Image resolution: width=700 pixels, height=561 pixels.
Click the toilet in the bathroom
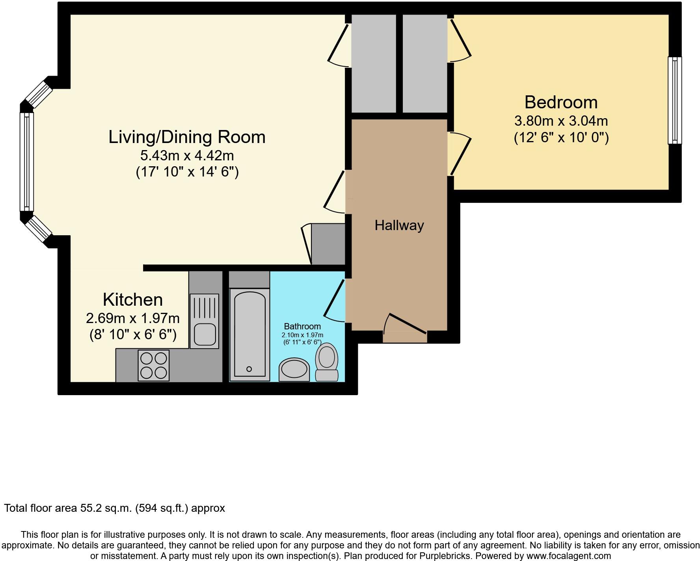click(327, 361)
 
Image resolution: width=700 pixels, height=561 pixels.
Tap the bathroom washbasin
click(294, 370)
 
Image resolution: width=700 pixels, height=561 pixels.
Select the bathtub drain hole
click(249, 369)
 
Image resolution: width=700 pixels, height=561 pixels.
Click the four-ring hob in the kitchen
click(153, 365)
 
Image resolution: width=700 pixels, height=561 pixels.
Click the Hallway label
click(399, 225)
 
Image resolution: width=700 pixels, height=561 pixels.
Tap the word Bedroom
click(561, 102)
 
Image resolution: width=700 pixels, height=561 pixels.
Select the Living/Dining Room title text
click(187, 137)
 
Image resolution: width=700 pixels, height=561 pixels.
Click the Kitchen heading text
click(133, 300)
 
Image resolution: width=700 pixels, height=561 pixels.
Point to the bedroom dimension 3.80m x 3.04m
click(561, 121)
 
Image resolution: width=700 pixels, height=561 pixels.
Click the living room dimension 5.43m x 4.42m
click(187, 156)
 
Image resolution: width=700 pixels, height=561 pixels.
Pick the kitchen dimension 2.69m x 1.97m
click(133, 318)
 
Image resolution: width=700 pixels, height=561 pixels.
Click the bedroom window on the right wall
click(674, 100)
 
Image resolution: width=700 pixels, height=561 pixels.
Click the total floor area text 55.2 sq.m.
click(114, 508)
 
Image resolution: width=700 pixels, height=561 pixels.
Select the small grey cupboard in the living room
click(328, 244)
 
